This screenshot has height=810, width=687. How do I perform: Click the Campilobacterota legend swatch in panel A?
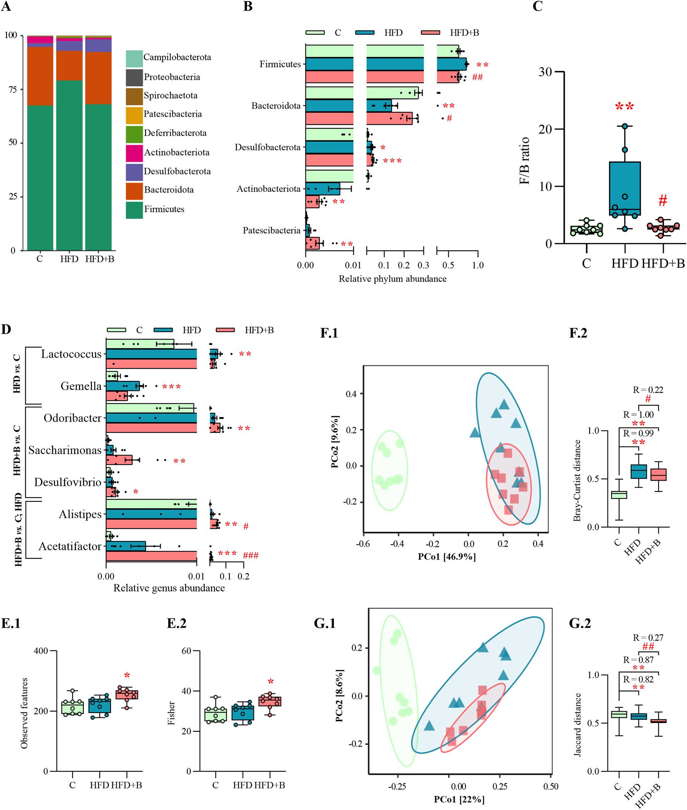click(134, 59)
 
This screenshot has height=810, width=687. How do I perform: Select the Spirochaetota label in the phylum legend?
click(170, 95)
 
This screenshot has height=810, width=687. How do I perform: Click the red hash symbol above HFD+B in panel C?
click(663, 201)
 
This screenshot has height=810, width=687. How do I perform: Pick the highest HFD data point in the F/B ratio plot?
click(625, 126)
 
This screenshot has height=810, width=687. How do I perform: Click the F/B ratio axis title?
click(525, 160)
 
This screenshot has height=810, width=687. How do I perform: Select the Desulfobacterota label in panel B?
click(267, 147)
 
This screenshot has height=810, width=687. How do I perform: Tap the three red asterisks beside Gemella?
click(171, 386)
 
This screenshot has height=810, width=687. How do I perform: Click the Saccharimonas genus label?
click(65, 450)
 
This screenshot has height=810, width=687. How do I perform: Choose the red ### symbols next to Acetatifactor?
click(250, 555)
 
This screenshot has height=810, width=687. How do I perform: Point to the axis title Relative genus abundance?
click(169, 588)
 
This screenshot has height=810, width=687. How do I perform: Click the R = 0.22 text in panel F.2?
click(648, 389)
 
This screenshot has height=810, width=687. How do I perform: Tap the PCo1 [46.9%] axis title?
click(447, 557)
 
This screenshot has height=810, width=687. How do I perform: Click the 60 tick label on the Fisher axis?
click(186, 651)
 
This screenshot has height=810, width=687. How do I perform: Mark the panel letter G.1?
click(325, 623)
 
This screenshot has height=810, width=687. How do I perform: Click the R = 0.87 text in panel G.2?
click(638, 660)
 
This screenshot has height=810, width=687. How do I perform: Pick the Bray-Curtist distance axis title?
click(577, 480)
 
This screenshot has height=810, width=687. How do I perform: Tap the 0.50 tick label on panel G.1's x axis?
click(550, 786)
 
